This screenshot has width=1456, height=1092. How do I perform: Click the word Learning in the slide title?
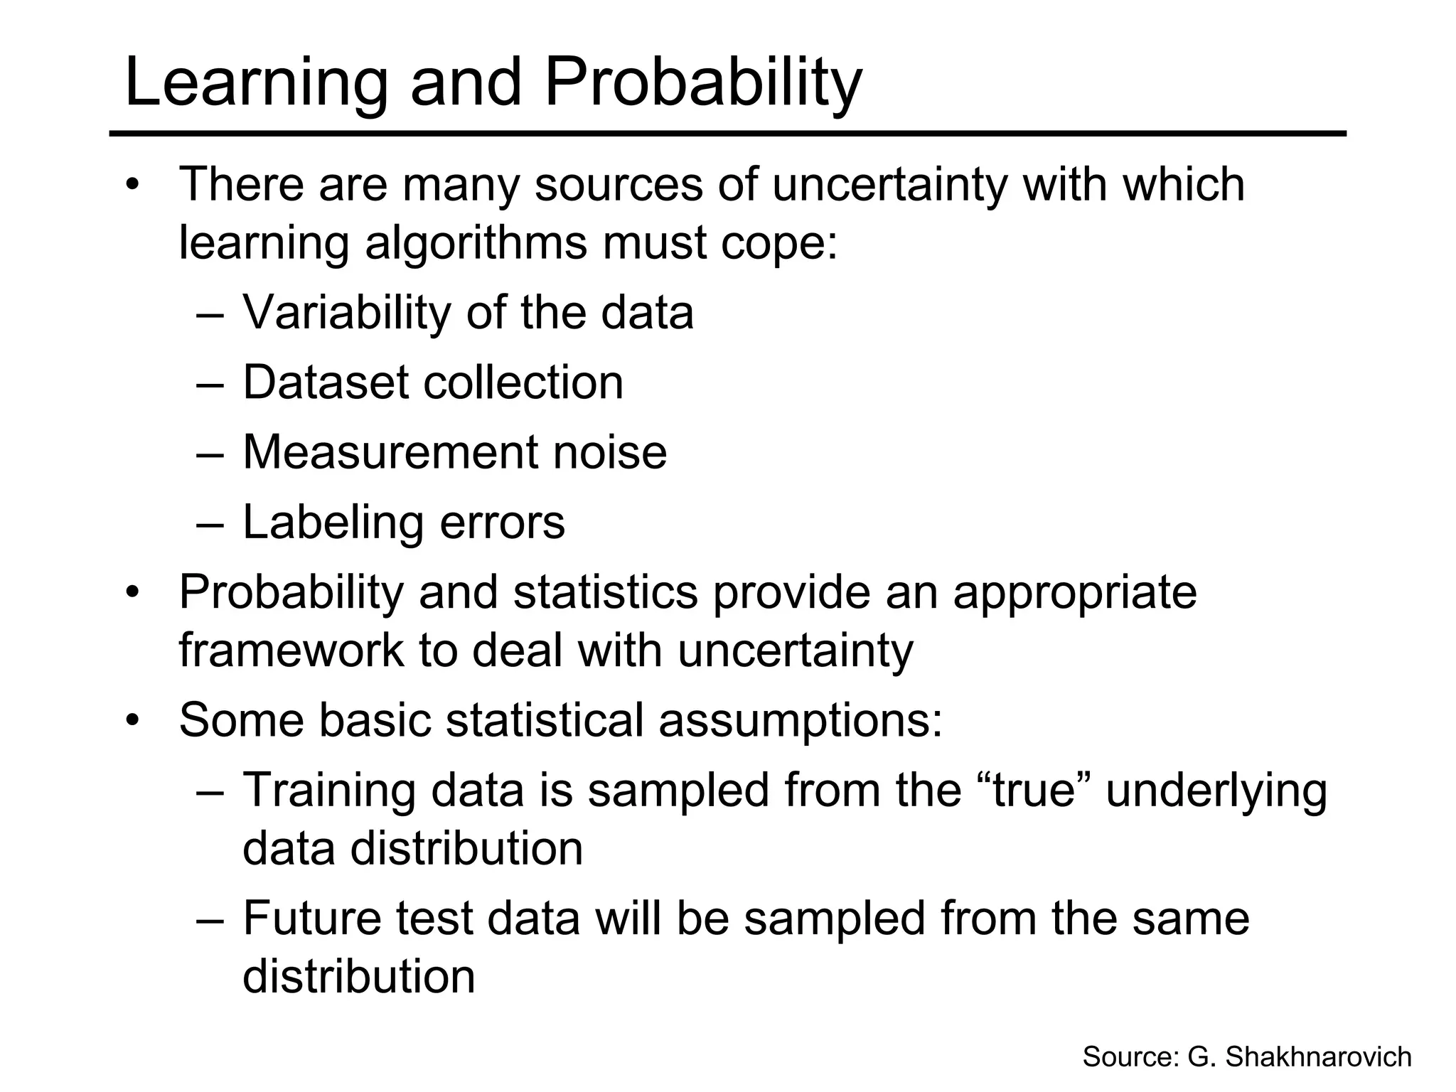click(256, 83)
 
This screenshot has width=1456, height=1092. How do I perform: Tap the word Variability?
click(347, 313)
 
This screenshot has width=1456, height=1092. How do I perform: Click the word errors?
click(502, 523)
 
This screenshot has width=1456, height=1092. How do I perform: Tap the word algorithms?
click(476, 243)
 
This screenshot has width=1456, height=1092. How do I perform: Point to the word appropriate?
click(1074, 593)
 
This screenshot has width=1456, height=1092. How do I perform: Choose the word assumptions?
click(800, 720)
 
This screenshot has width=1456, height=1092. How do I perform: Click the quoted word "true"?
click(1034, 790)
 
